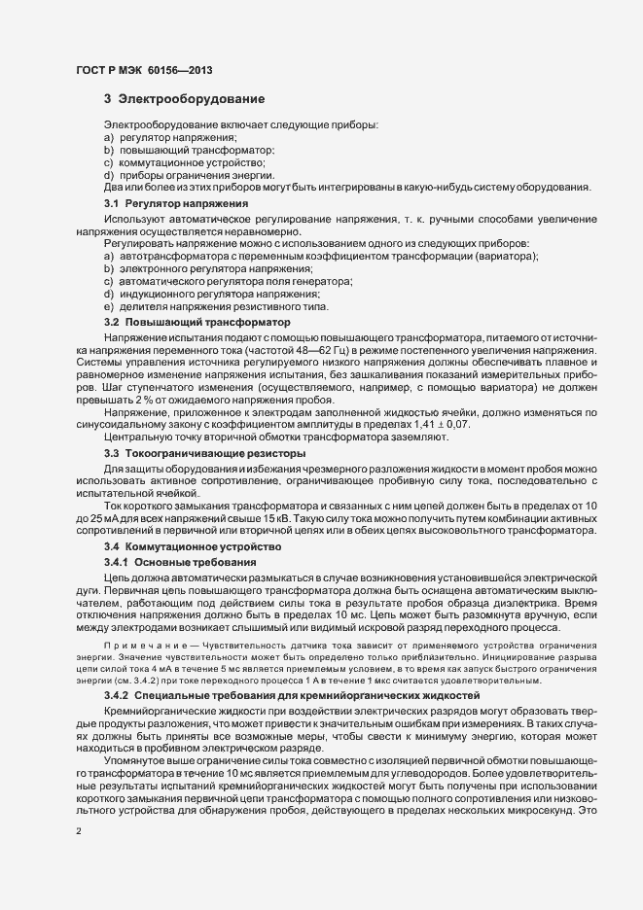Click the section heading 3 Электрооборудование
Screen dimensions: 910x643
point(183,99)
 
